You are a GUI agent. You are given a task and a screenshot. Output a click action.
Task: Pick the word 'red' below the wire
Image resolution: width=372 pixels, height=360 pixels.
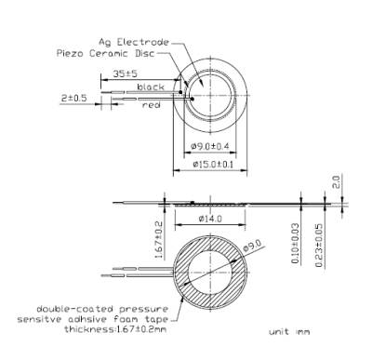coord(152,105)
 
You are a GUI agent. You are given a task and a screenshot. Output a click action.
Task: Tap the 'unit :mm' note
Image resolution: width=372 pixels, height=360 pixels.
coord(288,332)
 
